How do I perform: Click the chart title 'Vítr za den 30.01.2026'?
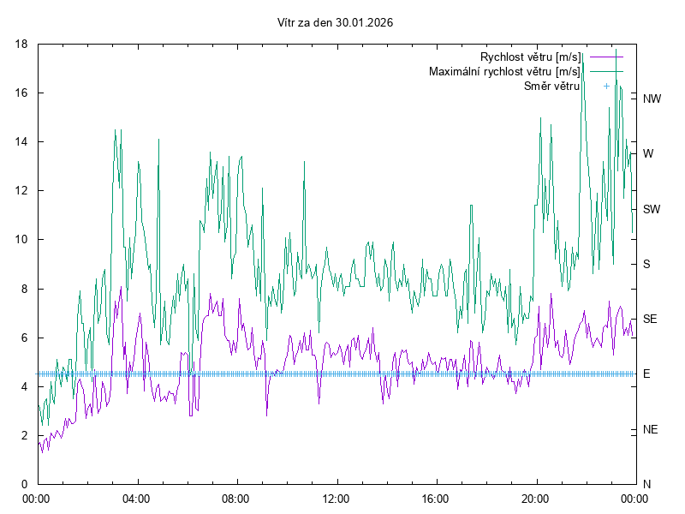point(336,23)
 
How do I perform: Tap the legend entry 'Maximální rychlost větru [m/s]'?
point(504,71)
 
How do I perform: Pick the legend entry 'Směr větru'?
point(552,86)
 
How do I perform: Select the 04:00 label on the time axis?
point(136,498)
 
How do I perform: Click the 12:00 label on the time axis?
point(336,498)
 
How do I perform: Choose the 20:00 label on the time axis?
point(535,498)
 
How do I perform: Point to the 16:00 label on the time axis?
point(436,498)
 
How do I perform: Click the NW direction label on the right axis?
point(652,99)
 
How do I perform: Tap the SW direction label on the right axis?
point(652,209)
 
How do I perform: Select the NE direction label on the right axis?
point(651,429)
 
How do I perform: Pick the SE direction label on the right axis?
point(650,319)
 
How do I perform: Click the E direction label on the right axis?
point(646,374)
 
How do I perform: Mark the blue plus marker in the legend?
point(605,86)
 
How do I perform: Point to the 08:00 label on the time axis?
point(235,498)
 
